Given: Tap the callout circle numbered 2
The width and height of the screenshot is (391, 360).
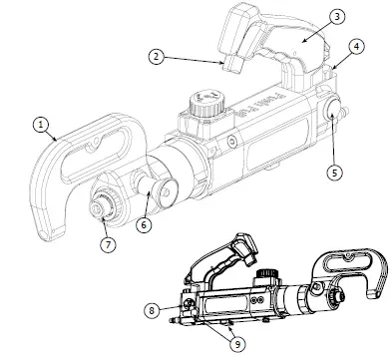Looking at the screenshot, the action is pos(157,59).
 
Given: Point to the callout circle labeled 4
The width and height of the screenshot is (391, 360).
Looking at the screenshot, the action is pos(357,47).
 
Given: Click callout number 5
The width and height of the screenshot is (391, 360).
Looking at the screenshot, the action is pos(335,171).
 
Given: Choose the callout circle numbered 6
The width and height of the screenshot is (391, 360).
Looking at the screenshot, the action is pos(145,225).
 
